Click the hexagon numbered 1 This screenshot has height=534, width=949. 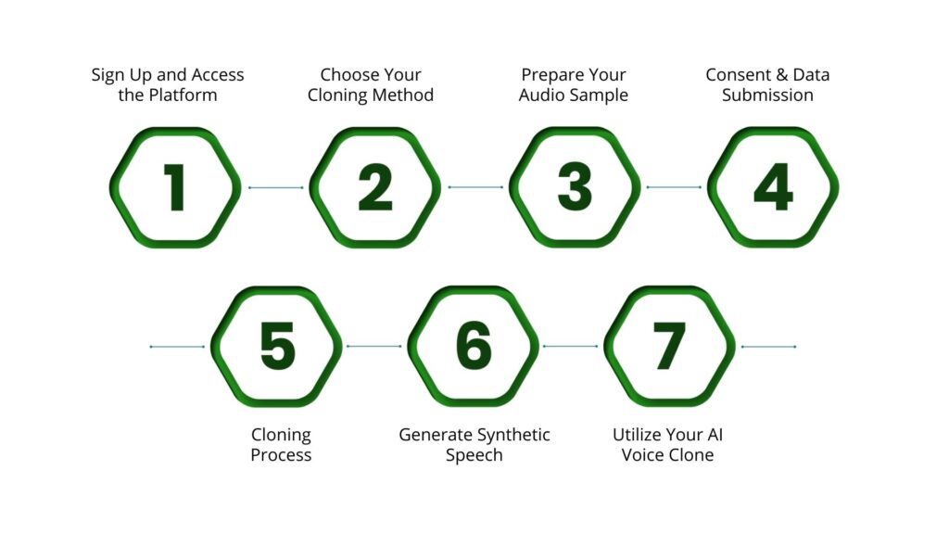click(x=175, y=187)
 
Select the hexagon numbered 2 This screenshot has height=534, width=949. click(x=374, y=187)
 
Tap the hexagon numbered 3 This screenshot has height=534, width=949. click(x=575, y=187)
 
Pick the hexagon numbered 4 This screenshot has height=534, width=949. click(x=773, y=187)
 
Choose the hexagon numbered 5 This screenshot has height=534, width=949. click(x=277, y=347)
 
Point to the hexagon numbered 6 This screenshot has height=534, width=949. click(x=474, y=347)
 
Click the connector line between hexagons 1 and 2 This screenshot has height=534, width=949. click(x=275, y=187)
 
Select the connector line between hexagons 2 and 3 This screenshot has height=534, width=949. click(x=475, y=187)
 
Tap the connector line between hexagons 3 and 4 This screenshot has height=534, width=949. click(x=674, y=187)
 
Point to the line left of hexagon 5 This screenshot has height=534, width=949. click(x=177, y=347)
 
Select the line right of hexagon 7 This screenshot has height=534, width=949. click(x=768, y=347)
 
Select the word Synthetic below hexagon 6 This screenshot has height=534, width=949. click(x=513, y=435)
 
